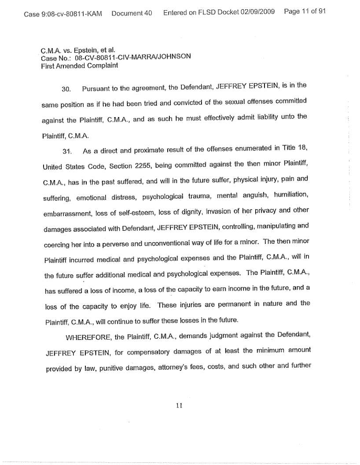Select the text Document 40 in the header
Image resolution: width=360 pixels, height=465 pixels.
132,13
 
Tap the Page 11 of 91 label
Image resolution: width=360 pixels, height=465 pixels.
305,12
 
